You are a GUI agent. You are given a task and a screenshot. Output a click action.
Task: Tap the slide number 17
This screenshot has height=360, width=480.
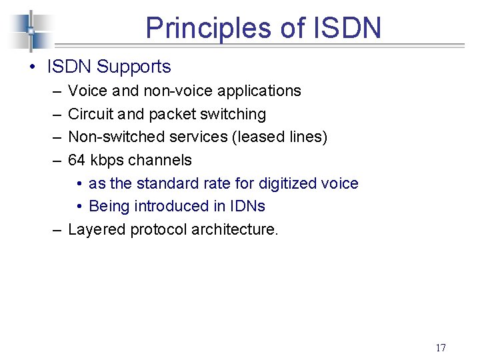coord(440,347)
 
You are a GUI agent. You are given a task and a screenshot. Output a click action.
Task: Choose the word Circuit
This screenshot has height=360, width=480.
coord(89,114)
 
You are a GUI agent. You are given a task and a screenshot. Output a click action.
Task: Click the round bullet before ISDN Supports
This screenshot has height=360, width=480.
coord(31,67)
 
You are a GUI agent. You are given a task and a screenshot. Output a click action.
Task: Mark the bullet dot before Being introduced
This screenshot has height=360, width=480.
coord(79,207)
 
